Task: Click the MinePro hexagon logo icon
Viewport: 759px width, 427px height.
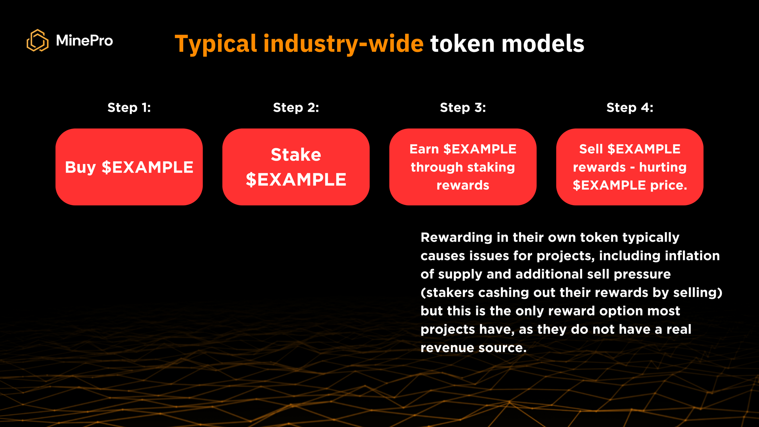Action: click(x=38, y=41)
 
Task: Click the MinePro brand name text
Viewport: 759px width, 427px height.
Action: click(x=84, y=41)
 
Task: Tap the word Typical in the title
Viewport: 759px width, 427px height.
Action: click(x=216, y=44)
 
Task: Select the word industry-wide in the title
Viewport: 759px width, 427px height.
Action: click(x=343, y=43)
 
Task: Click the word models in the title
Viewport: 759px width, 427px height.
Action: click(x=543, y=43)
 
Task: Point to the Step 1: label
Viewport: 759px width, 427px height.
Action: click(x=129, y=107)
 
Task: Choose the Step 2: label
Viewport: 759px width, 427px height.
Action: click(x=296, y=107)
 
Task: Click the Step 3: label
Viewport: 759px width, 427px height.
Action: click(x=463, y=107)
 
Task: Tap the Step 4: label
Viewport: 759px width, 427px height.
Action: click(x=630, y=107)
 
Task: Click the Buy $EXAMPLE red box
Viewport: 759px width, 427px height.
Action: click(x=129, y=167)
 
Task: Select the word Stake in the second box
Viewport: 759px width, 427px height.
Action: click(x=296, y=155)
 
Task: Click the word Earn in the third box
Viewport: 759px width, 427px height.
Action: click(x=424, y=149)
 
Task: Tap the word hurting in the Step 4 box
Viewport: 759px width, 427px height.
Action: click(x=663, y=167)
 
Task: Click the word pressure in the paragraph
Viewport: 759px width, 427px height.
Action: click(x=642, y=274)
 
